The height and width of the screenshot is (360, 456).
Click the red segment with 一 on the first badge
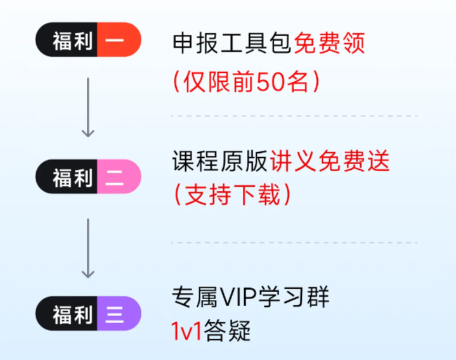coord(117,42)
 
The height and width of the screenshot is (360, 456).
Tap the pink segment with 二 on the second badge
coord(117,176)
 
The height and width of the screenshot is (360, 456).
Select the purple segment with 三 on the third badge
coord(117,313)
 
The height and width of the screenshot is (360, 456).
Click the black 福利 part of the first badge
coord(71,42)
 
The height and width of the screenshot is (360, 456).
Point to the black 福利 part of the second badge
coord(71,176)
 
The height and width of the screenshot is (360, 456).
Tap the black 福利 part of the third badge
coord(71,313)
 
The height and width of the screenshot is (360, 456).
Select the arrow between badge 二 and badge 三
coord(88,247)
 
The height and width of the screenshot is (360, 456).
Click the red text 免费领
coord(330,45)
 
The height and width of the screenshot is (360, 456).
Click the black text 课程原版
coord(220,162)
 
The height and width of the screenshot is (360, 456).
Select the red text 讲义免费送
coord(329,162)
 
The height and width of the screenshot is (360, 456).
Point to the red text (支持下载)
coord(232,195)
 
